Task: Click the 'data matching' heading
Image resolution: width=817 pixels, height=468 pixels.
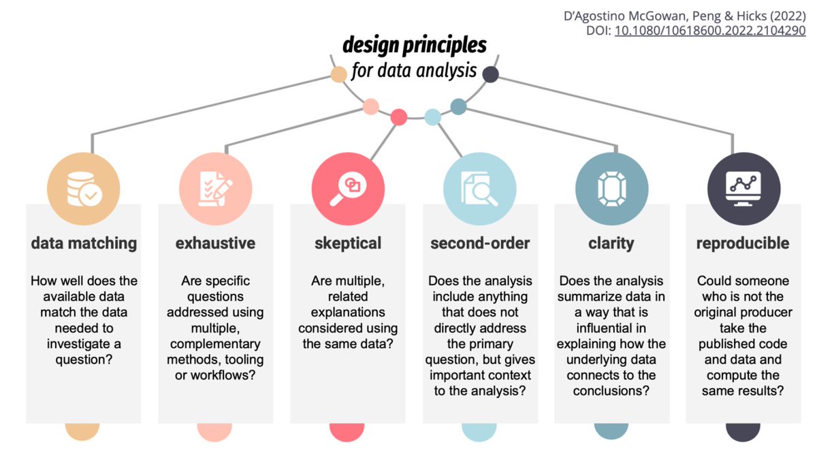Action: click(84, 243)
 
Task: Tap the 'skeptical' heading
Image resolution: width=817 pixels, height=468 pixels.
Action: click(347, 243)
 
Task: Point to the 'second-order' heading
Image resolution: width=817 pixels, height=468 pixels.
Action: click(479, 243)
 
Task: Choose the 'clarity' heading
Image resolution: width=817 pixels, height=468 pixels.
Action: click(611, 243)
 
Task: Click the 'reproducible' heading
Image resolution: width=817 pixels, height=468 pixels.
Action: click(743, 243)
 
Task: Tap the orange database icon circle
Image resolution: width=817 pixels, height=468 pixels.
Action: click(83, 187)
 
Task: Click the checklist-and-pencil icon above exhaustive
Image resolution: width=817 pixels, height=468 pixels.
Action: click(215, 187)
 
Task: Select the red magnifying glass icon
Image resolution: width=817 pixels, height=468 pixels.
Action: click(347, 187)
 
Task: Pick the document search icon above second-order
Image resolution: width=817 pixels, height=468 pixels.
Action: click(479, 187)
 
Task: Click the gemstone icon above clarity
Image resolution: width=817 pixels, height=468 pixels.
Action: click(611, 187)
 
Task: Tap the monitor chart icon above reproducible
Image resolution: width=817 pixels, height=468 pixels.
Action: click(743, 187)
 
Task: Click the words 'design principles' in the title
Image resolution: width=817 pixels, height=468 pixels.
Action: click(415, 46)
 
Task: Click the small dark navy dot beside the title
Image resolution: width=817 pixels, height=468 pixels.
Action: click(490, 74)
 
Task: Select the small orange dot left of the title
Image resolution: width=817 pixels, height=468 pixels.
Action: click(338, 74)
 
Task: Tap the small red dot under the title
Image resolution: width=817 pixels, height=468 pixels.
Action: click(399, 117)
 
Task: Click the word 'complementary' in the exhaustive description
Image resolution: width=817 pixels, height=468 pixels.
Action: click(215, 344)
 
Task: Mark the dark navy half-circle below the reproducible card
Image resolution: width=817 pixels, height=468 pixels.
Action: click(743, 431)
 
